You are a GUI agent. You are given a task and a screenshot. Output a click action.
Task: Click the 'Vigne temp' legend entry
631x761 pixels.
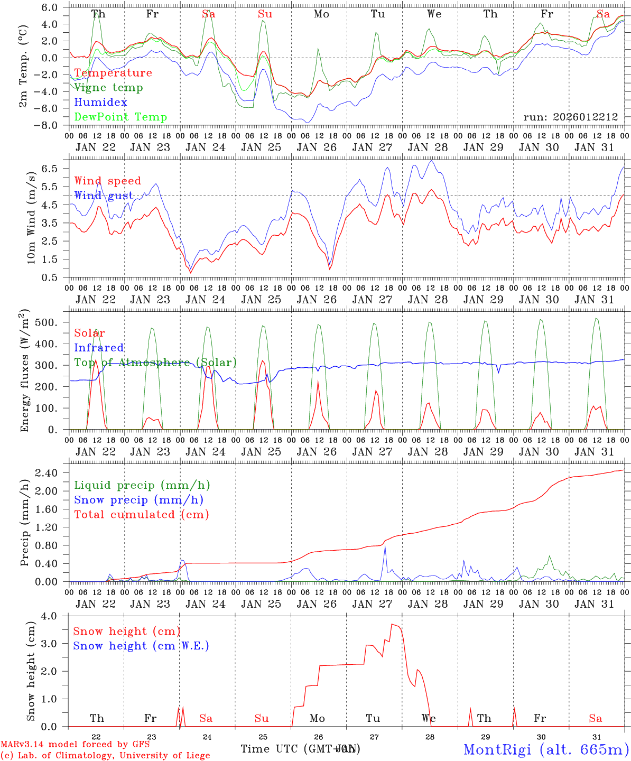click(108, 88)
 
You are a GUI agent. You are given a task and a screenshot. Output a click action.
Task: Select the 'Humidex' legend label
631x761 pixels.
click(100, 103)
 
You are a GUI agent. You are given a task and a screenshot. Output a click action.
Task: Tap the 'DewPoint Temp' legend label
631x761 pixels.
click(120, 117)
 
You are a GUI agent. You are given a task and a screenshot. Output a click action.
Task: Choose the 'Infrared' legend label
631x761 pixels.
click(99, 348)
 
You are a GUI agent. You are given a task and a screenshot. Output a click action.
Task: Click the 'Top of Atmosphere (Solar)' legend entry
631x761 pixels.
click(155, 363)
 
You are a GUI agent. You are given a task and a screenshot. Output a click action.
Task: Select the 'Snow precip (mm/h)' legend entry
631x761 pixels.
click(139, 500)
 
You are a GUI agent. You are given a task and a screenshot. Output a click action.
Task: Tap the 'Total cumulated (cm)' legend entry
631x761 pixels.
click(142, 515)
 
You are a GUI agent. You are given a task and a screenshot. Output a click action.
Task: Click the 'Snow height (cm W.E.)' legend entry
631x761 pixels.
click(141, 646)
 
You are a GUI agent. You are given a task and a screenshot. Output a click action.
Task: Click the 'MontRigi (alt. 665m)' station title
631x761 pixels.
click(546, 749)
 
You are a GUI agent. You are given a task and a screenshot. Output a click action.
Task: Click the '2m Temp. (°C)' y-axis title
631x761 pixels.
click(23, 66)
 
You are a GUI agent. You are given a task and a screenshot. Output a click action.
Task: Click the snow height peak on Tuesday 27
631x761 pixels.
click(393, 625)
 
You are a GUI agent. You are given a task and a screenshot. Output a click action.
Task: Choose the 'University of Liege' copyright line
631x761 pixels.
click(106, 756)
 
